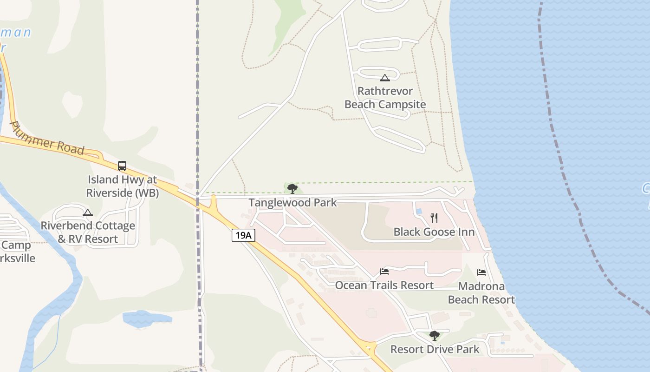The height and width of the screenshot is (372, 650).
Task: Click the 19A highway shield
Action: [243, 235]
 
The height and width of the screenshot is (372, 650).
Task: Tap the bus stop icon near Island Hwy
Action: [122, 166]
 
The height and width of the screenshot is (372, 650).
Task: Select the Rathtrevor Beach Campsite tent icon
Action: [384, 78]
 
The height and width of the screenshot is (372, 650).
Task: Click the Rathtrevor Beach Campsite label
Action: [385, 98]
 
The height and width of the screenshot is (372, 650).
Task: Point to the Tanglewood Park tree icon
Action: [292, 188]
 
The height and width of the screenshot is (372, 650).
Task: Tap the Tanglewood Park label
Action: [292, 203]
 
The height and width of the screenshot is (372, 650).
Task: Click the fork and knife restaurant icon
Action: [434, 218]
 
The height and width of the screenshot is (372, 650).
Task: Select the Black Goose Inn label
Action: [434, 232]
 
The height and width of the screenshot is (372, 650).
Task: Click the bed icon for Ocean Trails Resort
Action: [384, 272]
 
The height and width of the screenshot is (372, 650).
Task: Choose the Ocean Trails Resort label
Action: [384, 285]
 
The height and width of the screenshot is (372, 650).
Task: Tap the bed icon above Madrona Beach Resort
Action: [481, 272]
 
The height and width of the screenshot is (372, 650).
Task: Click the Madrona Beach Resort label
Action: [481, 293]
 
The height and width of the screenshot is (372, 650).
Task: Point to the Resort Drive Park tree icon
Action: [434, 335]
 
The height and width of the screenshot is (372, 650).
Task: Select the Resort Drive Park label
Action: [435, 349]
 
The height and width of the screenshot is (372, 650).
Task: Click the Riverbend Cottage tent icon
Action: [88, 213]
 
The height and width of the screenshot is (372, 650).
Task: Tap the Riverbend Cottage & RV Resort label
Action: [88, 232]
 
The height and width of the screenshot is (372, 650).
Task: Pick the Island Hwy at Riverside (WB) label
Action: [122, 186]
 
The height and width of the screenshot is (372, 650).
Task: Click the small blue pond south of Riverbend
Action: [146, 318]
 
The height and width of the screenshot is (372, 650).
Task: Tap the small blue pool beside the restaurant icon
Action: [419, 212]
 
